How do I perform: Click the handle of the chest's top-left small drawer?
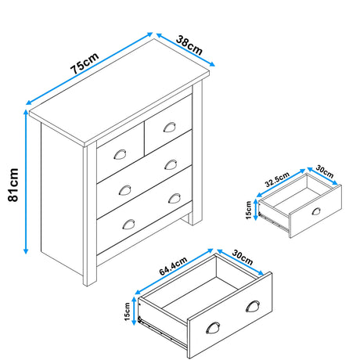[121, 153]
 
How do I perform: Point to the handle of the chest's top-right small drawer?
[168, 128]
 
